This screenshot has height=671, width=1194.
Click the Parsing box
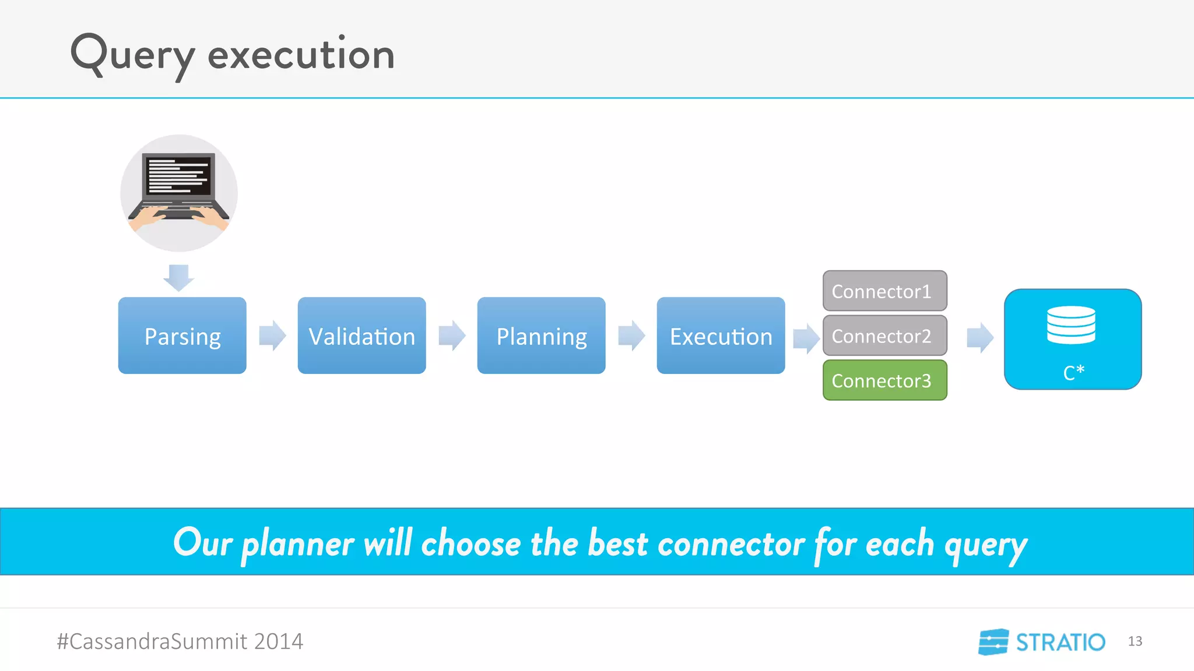point(182,335)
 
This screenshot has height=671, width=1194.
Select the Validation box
point(361,335)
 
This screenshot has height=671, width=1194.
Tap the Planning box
point(541,335)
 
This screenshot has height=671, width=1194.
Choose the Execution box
point(721,335)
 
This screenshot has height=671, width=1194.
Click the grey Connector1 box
point(884,291)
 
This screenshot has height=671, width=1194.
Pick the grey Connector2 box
point(884,335)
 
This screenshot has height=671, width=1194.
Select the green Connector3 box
point(884,380)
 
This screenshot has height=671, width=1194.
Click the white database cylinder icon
point(1071,324)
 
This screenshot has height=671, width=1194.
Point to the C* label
point(1073,373)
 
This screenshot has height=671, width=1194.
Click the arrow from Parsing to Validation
point(272,335)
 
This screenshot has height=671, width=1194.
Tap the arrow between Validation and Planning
point(452,335)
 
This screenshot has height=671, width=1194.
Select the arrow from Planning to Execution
point(631,335)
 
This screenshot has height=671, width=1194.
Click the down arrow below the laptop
point(178,277)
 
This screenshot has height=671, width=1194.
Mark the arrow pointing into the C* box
point(980,337)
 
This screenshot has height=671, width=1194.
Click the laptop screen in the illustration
point(178,175)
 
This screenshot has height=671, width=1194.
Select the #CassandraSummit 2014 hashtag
point(180,641)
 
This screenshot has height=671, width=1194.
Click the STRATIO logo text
point(1060,642)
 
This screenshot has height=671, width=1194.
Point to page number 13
point(1135,641)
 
